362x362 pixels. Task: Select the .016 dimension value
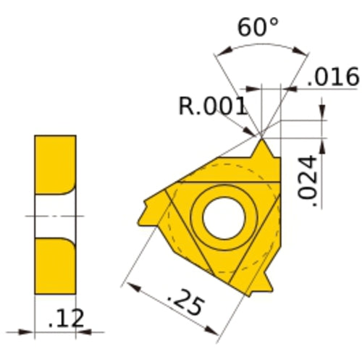pyautogui.click(x=333, y=76)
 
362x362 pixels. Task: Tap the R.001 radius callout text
pyautogui.click(x=211, y=106)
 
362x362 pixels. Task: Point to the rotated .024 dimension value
pyautogui.click(x=308, y=180)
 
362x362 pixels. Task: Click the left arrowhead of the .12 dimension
pyautogui.click(x=28, y=333)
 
